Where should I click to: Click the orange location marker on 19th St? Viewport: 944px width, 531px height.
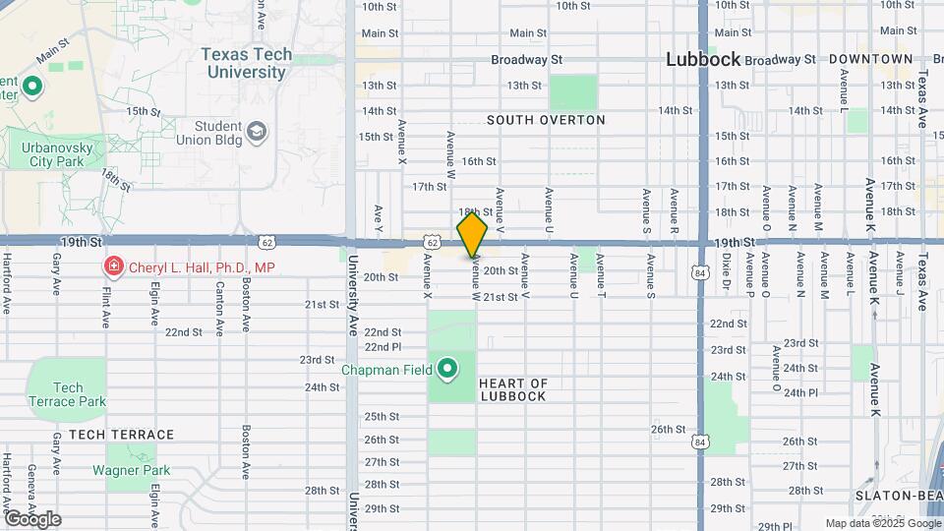[473, 234]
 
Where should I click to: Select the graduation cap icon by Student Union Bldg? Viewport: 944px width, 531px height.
[257, 131]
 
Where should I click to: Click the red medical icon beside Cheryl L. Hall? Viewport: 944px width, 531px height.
[113, 266]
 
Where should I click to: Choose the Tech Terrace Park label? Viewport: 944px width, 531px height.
[67, 394]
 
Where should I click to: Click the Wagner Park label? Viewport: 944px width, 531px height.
[132, 470]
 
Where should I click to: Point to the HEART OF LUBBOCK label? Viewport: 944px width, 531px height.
[512, 389]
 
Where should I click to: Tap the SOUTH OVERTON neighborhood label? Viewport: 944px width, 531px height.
[546, 120]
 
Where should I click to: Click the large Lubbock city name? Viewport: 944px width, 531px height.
[702, 59]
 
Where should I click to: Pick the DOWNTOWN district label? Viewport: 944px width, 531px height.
[871, 59]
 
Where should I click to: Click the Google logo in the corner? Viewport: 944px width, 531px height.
[32, 518]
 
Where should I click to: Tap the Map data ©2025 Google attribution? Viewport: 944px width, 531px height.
[882, 523]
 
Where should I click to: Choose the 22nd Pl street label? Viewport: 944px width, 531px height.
[383, 347]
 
